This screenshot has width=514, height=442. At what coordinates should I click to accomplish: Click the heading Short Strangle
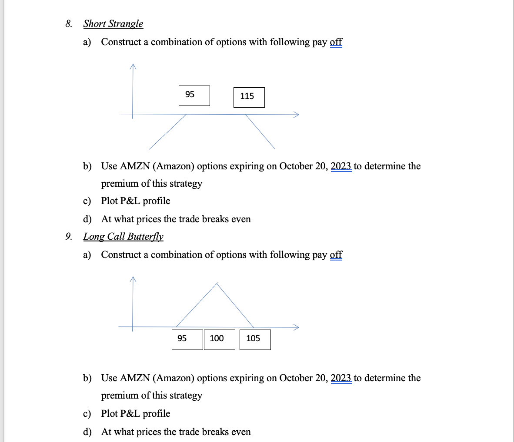click(x=113, y=24)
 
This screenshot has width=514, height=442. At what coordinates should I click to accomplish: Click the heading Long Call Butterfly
click(x=123, y=237)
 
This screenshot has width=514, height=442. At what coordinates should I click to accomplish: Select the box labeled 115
click(x=249, y=97)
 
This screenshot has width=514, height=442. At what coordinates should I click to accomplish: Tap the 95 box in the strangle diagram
click(x=194, y=96)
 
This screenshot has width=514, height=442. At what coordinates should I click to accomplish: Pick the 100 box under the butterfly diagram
click(x=219, y=340)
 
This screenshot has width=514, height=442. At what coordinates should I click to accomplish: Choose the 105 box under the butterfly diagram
click(x=255, y=340)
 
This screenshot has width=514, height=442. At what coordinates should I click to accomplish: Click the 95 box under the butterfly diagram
click(x=187, y=340)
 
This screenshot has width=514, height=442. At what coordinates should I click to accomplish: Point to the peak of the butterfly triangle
click(x=217, y=284)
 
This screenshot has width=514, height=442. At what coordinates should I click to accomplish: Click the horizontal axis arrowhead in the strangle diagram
click(x=297, y=115)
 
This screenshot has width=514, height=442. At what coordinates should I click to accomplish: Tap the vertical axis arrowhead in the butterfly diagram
click(x=133, y=279)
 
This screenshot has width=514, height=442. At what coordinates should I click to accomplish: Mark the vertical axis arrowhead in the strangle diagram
click(x=133, y=66)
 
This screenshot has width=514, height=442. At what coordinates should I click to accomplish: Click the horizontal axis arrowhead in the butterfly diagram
click(x=297, y=327)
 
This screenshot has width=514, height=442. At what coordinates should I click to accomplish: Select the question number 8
click(x=69, y=24)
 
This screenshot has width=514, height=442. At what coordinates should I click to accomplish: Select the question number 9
click(x=69, y=237)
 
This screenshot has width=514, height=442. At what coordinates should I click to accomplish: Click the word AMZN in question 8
click(x=135, y=166)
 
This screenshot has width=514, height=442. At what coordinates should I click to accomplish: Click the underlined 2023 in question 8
click(x=341, y=166)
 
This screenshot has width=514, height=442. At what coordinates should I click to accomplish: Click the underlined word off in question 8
click(x=336, y=42)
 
